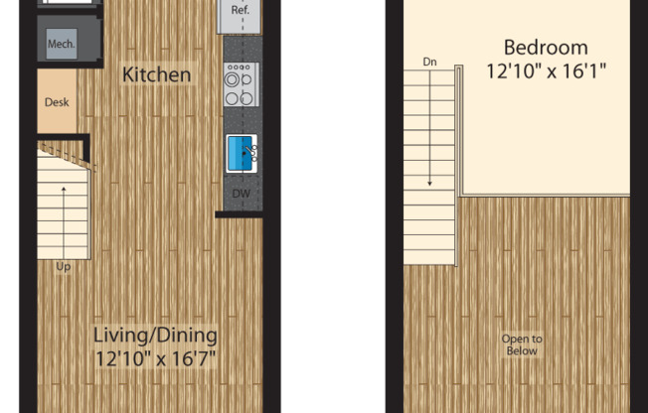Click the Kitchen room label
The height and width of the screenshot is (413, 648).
point(157,74)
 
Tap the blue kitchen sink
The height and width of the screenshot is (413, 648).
point(241,154)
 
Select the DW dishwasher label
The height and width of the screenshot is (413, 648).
point(242,194)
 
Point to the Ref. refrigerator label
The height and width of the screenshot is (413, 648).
point(241,10)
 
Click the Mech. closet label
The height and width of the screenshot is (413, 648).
point(62,44)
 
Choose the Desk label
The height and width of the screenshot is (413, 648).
point(57,102)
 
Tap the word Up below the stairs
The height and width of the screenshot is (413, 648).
point(64,267)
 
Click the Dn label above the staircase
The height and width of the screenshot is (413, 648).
point(429,62)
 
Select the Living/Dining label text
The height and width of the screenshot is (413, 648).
point(155,335)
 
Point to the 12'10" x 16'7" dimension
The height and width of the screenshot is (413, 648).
point(155,358)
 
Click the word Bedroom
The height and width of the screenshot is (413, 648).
point(546,48)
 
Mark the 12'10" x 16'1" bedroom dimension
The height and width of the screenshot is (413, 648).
point(546,71)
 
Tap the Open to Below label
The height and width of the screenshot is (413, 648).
point(522,344)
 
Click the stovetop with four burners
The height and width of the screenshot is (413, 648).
point(242,84)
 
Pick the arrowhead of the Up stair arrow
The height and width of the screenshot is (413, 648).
point(64,190)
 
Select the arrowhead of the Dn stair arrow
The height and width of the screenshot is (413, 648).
point(429,183)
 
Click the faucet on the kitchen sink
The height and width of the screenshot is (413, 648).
point(250,152)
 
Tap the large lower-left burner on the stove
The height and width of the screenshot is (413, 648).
point(233,98)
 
